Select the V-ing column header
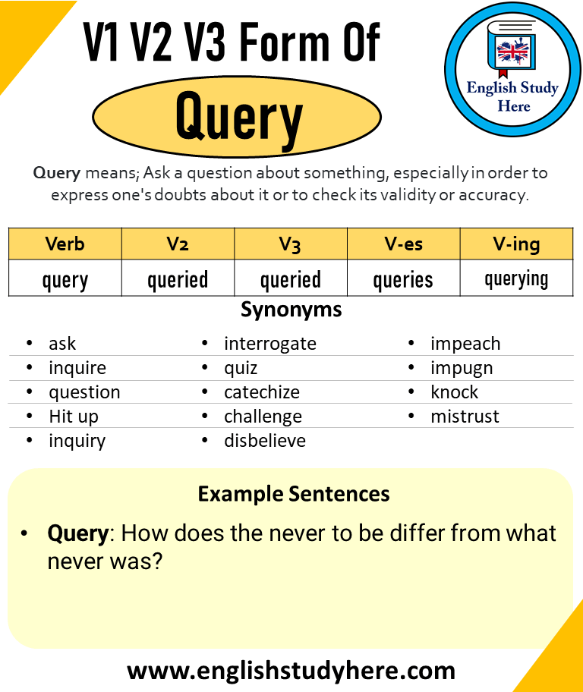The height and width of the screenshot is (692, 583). pyautogui.click(x=516, y=244)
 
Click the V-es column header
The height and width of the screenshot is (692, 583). pyautogui.click(x=403, y=244)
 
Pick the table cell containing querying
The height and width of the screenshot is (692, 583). pyautogui.click(x=516, y=279)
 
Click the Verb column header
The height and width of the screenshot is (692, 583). pyautogui.click(x=65, y=244)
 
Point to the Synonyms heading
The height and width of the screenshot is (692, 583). pyautogui.click(x=291, y=310)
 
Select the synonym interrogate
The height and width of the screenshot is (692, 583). pyautogui.click(x=269, y=344)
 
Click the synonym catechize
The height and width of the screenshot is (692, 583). pyautogui.click(x=261, y=392)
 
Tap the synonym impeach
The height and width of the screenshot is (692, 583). pyautogui.click(x=465, y=344)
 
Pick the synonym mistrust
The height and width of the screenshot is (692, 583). pyautogui.click(x=465, y=417)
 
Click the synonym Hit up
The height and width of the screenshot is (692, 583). pyautogui.click(x=74, y=417)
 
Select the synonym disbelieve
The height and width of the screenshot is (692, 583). pyautogui.click(x=264, y=441)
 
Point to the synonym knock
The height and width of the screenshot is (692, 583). pyautogui.click(x=454, y=392)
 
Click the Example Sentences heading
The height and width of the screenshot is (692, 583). pyautogui.click(x=294, y=495)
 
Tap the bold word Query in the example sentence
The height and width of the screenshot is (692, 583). pyautogui.click(x=78, y=533)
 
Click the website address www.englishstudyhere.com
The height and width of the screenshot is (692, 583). pyautogui.click(x=291, y=671)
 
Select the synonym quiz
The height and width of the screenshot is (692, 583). pyautogui.click(x=241, y=368)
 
